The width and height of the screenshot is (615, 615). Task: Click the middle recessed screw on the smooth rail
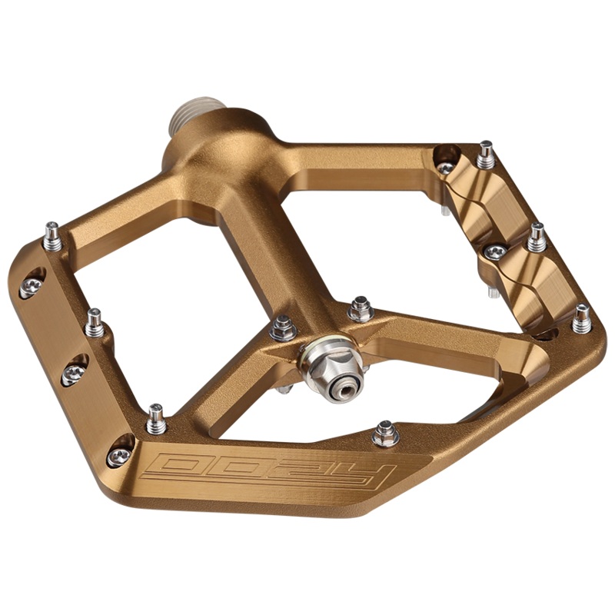coord(74,372)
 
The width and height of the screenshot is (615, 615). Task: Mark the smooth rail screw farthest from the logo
coord(31,286)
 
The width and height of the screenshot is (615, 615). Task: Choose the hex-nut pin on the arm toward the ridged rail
coord(360,309)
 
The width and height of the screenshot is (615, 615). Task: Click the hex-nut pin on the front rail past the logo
coord(386,434)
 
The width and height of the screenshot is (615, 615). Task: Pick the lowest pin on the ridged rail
coord(582,317)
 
